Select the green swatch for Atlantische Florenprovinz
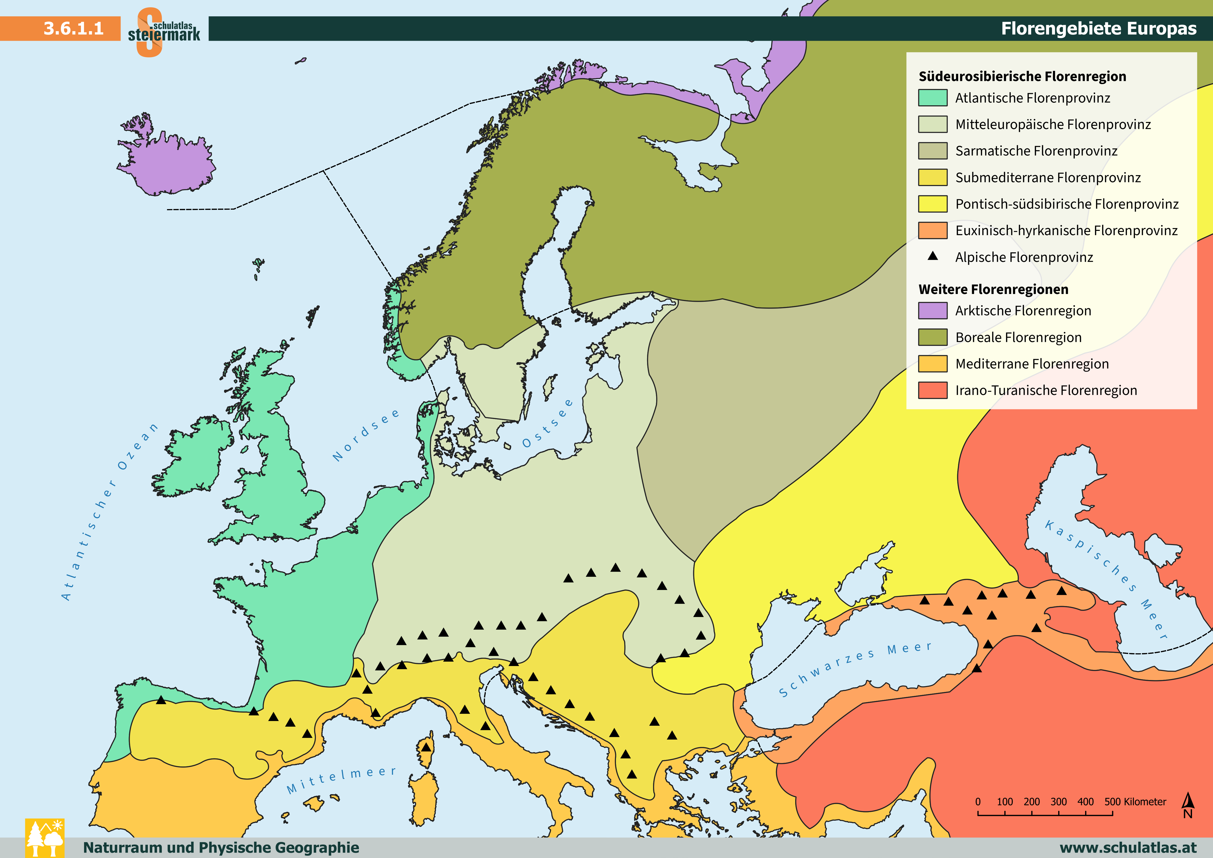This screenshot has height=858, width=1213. tap(932, 98)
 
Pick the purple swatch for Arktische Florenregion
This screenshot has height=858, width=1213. tap(932, 311)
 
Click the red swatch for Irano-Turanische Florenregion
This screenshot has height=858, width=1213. tap(932, 390)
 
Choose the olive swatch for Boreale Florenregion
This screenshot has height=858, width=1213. tap(932, 337)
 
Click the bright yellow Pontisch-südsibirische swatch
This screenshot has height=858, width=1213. tap(932, 204)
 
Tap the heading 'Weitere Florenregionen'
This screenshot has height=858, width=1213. tap(993, 289)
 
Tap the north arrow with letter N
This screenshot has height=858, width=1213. tap(1188, 805)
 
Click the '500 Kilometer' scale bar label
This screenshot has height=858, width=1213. tap(1135, 801)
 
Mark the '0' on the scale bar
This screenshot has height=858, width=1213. tap(978, 801)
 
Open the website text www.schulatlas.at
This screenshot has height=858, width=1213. tap(1128, 847)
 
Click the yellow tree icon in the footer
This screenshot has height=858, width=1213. tap(45, 838)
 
